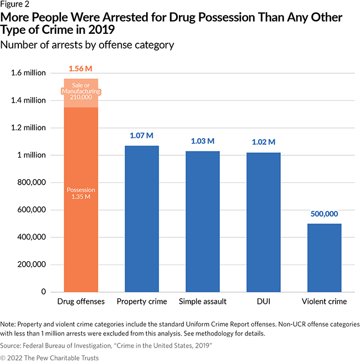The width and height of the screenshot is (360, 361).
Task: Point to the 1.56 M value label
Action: pyautogui.click(x=81, y=69)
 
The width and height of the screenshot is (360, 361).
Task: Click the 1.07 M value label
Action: pyautogui.click(x=142, y=136)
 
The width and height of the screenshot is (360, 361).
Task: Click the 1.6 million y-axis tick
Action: pyautogui.click(x=27, y=73)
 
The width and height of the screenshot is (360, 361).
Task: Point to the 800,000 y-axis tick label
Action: pyautogui.click(x=31, y=182)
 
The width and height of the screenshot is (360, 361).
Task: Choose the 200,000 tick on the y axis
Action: pyautogui.click(x=31, y=265)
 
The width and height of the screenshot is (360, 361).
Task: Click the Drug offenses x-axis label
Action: pyautogui.click(x=81, y=302)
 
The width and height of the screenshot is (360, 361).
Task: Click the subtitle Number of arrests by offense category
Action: pyautogui.click(x=88, y=45)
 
